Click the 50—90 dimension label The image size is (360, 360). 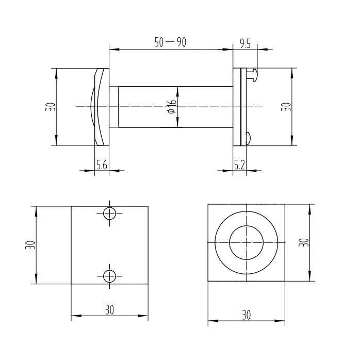170,43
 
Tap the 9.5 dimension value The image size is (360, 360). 245,44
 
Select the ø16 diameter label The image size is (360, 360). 172,107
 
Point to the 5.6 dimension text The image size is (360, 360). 102,165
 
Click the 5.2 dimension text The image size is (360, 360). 239,165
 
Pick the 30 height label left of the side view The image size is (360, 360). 50,107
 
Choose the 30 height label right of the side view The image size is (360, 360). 287,107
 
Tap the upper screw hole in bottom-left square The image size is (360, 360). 109,213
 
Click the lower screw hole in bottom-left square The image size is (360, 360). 109,276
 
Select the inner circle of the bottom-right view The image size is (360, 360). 247,243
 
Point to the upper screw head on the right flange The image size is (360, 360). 251,75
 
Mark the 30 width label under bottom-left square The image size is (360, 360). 109,309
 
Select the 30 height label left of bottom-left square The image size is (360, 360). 30,244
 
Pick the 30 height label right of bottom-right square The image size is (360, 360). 305,243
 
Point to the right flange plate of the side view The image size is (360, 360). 238,107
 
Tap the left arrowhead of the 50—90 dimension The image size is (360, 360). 112,50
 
